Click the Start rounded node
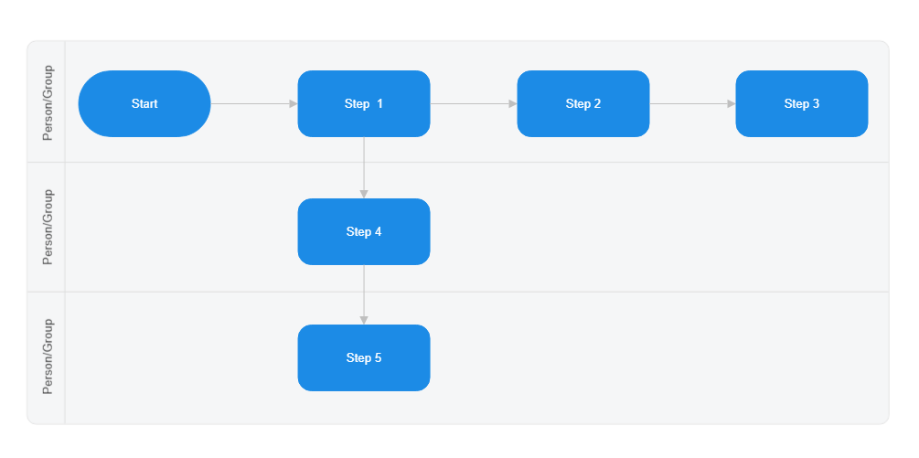click(144, 104)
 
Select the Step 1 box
click(364, 104)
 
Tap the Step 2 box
click(583, 104)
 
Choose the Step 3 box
click(802, 104)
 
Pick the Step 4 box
click(364, 232)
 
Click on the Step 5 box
click(364, 358)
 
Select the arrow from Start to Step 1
click(251, 104)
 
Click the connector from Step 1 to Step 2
click(471, 104)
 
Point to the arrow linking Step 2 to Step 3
click(690, 104)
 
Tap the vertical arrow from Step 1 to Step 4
click(364, 165)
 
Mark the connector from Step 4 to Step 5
click(364, 293)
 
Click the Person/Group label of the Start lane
click(48, 102)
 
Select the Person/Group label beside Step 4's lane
click(48, 227)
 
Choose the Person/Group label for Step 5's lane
click(48, 357)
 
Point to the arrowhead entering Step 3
click(732, 104)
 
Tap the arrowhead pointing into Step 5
click(364, 320)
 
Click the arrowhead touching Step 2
click(513, 104)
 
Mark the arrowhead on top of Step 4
click(364, 194)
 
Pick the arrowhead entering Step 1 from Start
click(294, 104)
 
